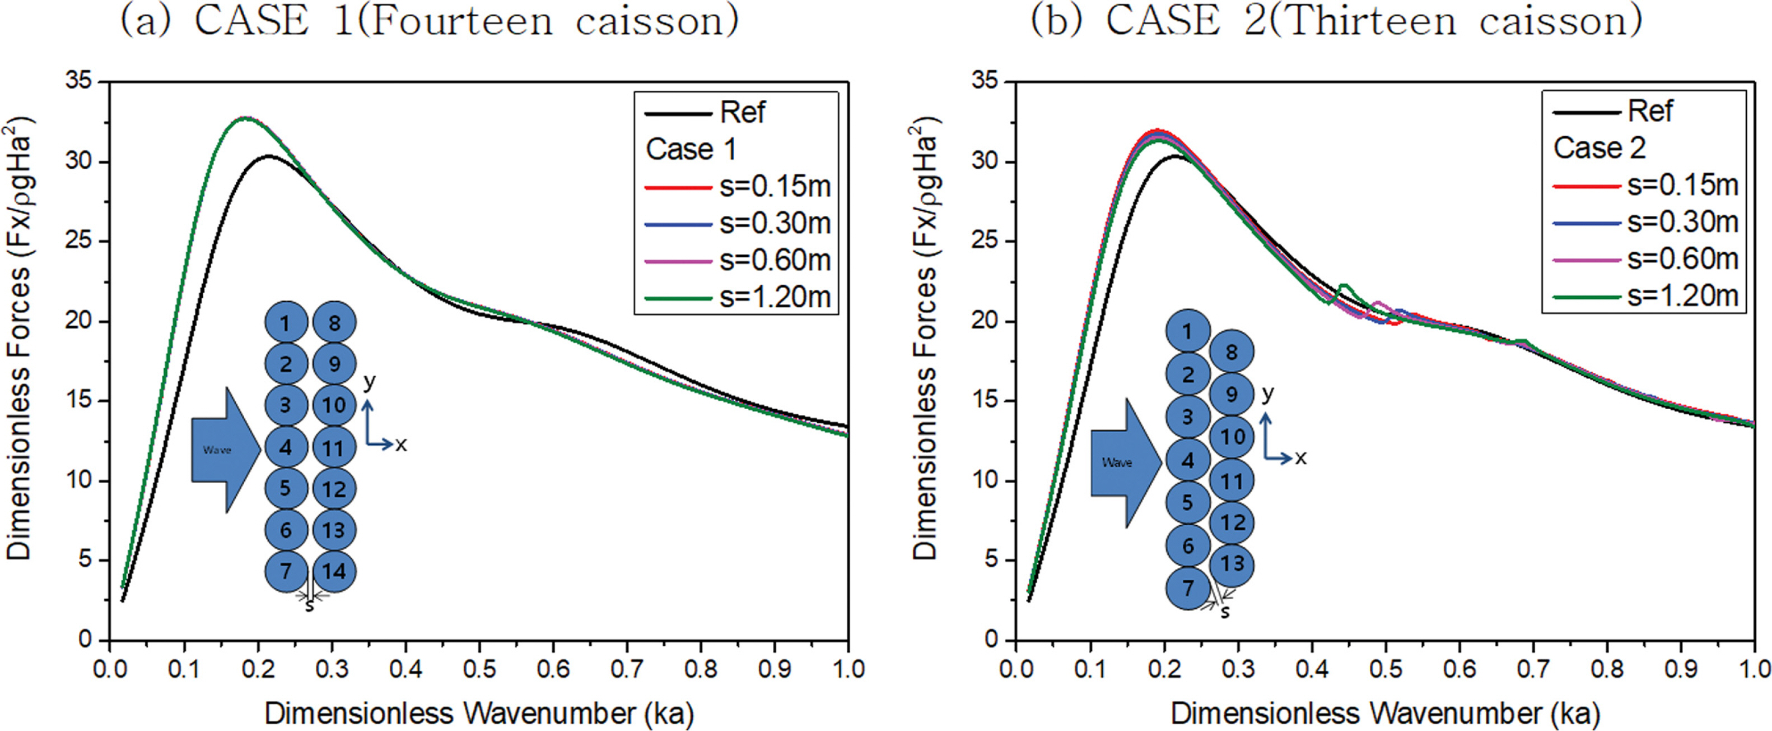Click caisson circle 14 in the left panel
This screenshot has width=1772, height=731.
(x=334, y=571)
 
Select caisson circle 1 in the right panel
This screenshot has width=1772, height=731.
(x=1187, y=332)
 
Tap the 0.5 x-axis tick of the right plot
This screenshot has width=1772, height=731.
(x=1384, y=668)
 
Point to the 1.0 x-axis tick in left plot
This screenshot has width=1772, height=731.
(x=847, y=668)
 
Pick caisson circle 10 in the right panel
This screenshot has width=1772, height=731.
(x=1232, y=436)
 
